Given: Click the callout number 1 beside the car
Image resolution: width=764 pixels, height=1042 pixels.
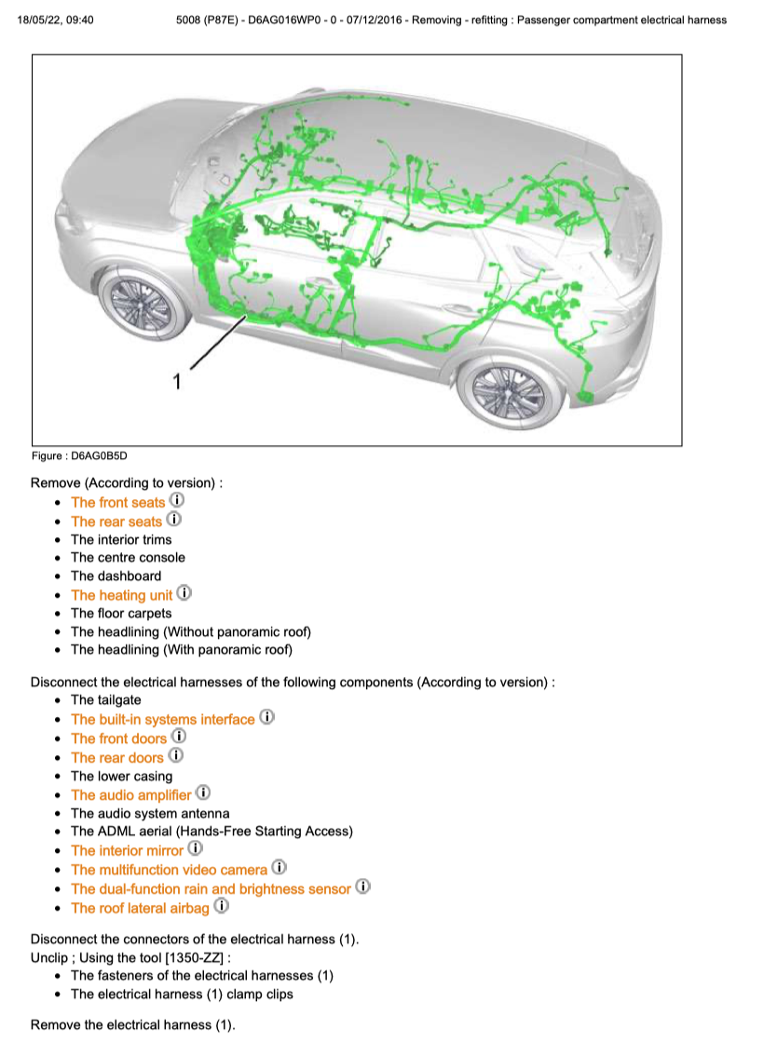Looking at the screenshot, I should point(175,380).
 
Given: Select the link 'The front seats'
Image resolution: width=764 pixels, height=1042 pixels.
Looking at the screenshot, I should point(117,503).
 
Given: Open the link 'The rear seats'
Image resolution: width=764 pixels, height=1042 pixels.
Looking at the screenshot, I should point(116,521).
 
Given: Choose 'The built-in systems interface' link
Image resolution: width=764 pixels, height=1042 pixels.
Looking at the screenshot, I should point(162,720).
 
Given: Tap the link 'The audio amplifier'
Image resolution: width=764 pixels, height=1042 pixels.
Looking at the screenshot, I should point(130,795).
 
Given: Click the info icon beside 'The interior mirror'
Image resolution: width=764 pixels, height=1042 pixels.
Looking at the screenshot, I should point(195,849).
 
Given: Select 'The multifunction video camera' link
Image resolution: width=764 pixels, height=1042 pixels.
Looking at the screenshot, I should point(169,870).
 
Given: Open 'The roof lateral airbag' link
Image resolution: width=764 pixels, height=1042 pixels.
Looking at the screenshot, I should point(140,908).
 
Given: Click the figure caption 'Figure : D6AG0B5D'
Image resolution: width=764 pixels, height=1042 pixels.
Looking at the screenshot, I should point(78,456).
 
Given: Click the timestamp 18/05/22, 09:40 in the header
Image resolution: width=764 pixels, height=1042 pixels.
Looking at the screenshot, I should point(55,20).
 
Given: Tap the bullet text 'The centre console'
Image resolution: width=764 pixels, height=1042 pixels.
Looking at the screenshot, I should point(128,558).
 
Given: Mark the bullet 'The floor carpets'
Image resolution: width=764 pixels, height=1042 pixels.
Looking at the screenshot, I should point(121,614).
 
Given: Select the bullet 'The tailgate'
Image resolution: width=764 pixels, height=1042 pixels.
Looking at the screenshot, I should point(106,700).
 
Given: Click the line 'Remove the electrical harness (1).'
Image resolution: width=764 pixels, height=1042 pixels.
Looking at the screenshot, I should point(133,1025).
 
